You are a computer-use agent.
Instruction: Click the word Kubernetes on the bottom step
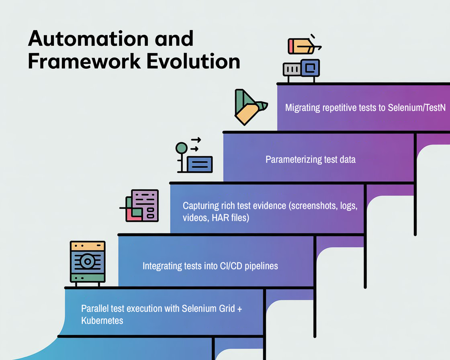[x=102, y=320]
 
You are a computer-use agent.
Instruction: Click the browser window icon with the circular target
[x=87, y=262]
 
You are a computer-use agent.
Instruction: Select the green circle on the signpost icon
[x=181, y=148]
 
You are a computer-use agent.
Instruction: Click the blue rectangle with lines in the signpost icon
[x=200, y=164]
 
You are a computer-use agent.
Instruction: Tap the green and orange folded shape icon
[x=248, y=107]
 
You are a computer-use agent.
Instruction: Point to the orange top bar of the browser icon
[x=87, y=245]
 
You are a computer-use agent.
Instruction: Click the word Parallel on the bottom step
[x=94, y=309]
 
